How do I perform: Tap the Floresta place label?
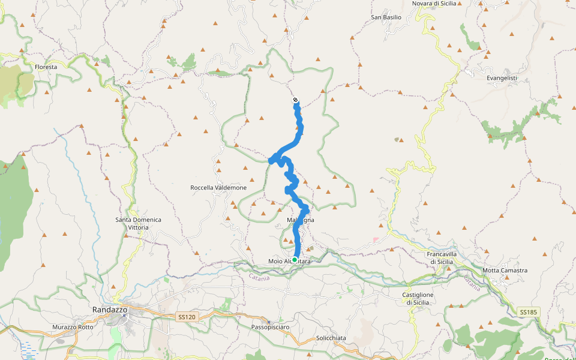46,67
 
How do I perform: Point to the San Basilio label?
386,17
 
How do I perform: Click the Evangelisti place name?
502,78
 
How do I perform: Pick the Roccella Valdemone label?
218,188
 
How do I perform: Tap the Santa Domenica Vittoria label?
138,223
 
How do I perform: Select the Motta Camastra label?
505,271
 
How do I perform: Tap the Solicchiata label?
331,338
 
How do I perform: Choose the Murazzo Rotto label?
73,327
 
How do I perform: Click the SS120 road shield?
187,317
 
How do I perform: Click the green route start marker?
295,260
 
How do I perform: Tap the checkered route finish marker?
295,100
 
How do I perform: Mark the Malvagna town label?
301,220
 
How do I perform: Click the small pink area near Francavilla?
376,240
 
